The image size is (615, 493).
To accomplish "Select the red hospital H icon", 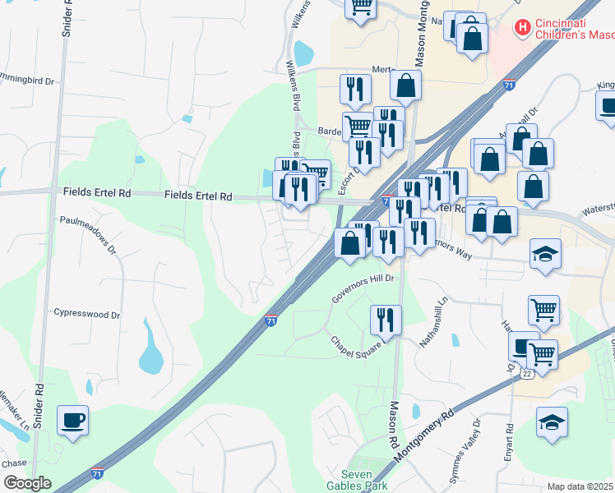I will pyautogui.click(x=521, y=29).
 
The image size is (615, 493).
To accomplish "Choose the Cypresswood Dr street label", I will pyautogui.click(x=86, y=314).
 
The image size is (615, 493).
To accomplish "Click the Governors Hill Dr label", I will pyautogui.click(x=363, y=289).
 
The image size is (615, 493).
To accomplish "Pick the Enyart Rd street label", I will pyautogui.click(x=510, y=440).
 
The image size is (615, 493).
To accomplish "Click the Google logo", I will pyautogui.click(x=26, y=483).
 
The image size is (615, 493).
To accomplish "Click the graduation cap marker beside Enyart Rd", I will pyautogui.click(x=552, y=422).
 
